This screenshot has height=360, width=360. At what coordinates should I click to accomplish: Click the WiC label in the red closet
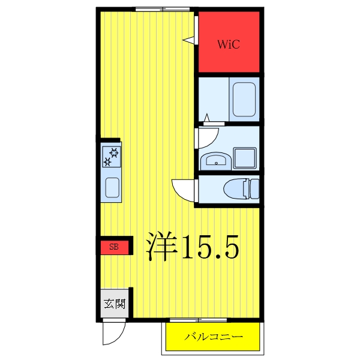pos(229,44)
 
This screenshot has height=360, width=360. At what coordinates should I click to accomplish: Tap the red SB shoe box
pos(114,247)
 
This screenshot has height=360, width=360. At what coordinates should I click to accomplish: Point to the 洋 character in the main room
pos(161,247)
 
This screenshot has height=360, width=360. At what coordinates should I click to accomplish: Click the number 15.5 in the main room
pos(210,247)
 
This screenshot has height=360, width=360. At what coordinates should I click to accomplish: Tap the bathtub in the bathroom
pos(244,100)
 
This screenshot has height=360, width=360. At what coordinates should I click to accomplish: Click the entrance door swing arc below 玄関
pos(113,332)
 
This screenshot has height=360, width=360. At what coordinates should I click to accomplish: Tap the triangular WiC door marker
pos(190,40)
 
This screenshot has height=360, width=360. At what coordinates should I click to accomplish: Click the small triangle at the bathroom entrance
pos(206,117)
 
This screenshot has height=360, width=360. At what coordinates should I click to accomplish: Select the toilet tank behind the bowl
pos(254,189)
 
